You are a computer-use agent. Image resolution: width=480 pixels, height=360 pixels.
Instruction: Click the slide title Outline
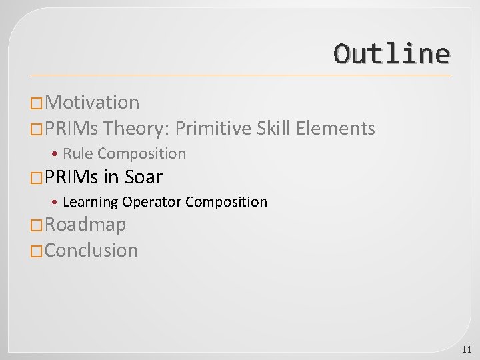click(x=391, y=53)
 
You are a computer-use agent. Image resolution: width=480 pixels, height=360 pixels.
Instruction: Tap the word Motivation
click(x=93, y=102)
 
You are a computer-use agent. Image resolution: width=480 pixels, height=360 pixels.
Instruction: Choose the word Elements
click(x=335, y=127)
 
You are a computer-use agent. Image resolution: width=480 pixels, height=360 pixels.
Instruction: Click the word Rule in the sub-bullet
click(x=78, y=153)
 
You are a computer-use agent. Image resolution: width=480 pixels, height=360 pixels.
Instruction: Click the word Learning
click(x=91, y=201)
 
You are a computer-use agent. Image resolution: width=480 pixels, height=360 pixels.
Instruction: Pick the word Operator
click(x=151, y=201)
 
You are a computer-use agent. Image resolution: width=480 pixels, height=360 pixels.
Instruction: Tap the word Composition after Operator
click(x=226, y=201)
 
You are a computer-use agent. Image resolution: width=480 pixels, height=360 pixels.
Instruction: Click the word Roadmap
click(x=85, y=225)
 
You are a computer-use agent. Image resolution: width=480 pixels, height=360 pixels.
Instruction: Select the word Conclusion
click(x=91, y=250)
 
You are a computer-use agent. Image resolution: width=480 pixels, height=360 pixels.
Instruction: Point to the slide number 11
click(x=466, y=349)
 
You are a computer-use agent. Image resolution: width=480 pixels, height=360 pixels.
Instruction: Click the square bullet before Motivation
click(x=37, y=103)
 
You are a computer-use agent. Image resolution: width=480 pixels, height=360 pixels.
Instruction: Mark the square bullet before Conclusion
click(x=37, y=251)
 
